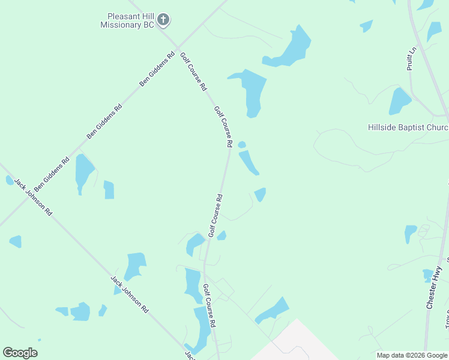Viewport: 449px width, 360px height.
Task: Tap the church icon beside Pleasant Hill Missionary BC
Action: click(163, 20)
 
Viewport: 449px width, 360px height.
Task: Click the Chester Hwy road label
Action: click(434, 287)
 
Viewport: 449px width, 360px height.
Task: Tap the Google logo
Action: click(20, 353)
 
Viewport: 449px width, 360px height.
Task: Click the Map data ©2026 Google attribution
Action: click(412, 355)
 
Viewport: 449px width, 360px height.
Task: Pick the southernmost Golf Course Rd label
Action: click(209, 305)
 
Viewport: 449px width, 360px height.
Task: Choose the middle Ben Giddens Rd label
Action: click(104, 121)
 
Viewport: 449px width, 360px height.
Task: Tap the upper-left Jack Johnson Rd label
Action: click(34, 197)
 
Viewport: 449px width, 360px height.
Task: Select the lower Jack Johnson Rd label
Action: click(130, 295)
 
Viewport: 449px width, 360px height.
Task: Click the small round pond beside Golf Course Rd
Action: click(242, 145)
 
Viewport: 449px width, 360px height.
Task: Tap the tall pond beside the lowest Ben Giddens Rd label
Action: click(83, 172)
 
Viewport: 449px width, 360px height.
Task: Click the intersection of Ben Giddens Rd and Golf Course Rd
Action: click(178, 46)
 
